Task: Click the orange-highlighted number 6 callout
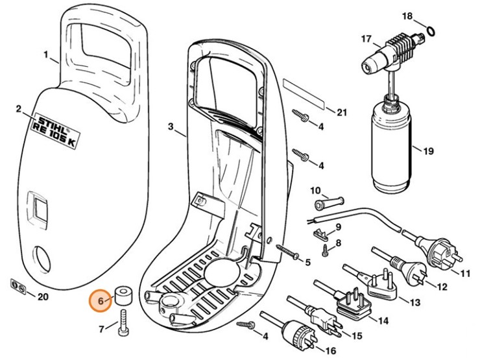coord(101,301)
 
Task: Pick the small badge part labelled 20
coord(20,287)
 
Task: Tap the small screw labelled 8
coord(326,247)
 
